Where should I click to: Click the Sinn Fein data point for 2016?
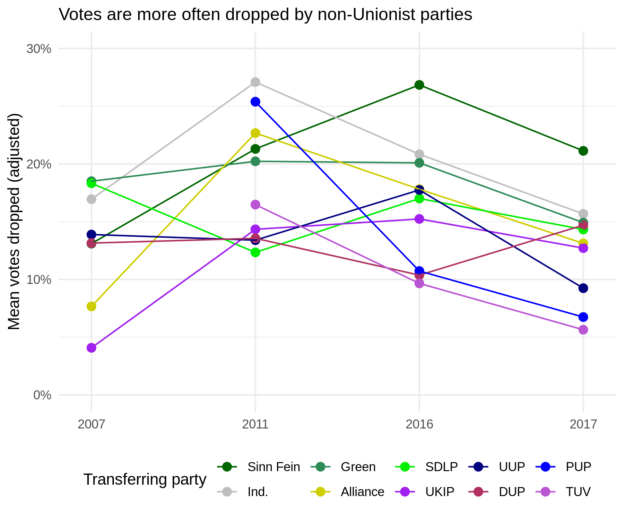[x=419, y=85]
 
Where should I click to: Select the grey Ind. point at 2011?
[x=255, y=82]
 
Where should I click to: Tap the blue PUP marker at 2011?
[x=255, y=102]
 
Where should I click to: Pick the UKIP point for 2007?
[x=92, y=348]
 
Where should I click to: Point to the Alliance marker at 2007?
[x=92, y=306]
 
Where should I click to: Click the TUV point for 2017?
[x=583, y=329]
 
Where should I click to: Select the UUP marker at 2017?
[x=583, y=288]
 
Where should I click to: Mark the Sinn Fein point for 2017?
[x=583, y=150]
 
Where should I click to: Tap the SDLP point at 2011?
[x=255, y=252]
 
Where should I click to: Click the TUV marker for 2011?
[x=255, y=205]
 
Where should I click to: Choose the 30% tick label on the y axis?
[x=38, y=49]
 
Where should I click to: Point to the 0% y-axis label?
[x=42, y=395]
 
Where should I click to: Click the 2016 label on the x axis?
[x=419, y=424]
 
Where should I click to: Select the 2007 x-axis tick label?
[x=92, y=424]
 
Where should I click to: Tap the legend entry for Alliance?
[x=362, y=492]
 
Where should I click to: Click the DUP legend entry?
[x=512, y=492]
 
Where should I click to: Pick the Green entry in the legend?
[x=358, y=467]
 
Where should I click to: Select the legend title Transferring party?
[x=145, y=479]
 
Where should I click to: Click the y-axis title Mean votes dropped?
[x=15, y=222]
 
